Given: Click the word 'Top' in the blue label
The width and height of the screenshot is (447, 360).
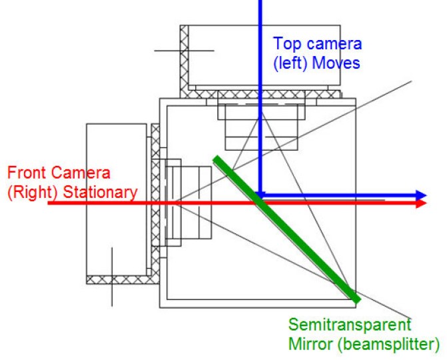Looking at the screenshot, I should tap(288, 45).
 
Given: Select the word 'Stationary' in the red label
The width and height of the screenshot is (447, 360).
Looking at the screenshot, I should tap(101, 192).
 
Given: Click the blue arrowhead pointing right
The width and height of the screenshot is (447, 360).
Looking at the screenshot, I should tap(420, 196).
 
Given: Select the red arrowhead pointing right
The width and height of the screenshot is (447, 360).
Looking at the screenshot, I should tap(420, 203).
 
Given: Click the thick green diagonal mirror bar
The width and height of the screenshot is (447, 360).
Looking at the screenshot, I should tap(286, 230).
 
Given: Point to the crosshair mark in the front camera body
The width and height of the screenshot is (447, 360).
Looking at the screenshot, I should tap(112, 274).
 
